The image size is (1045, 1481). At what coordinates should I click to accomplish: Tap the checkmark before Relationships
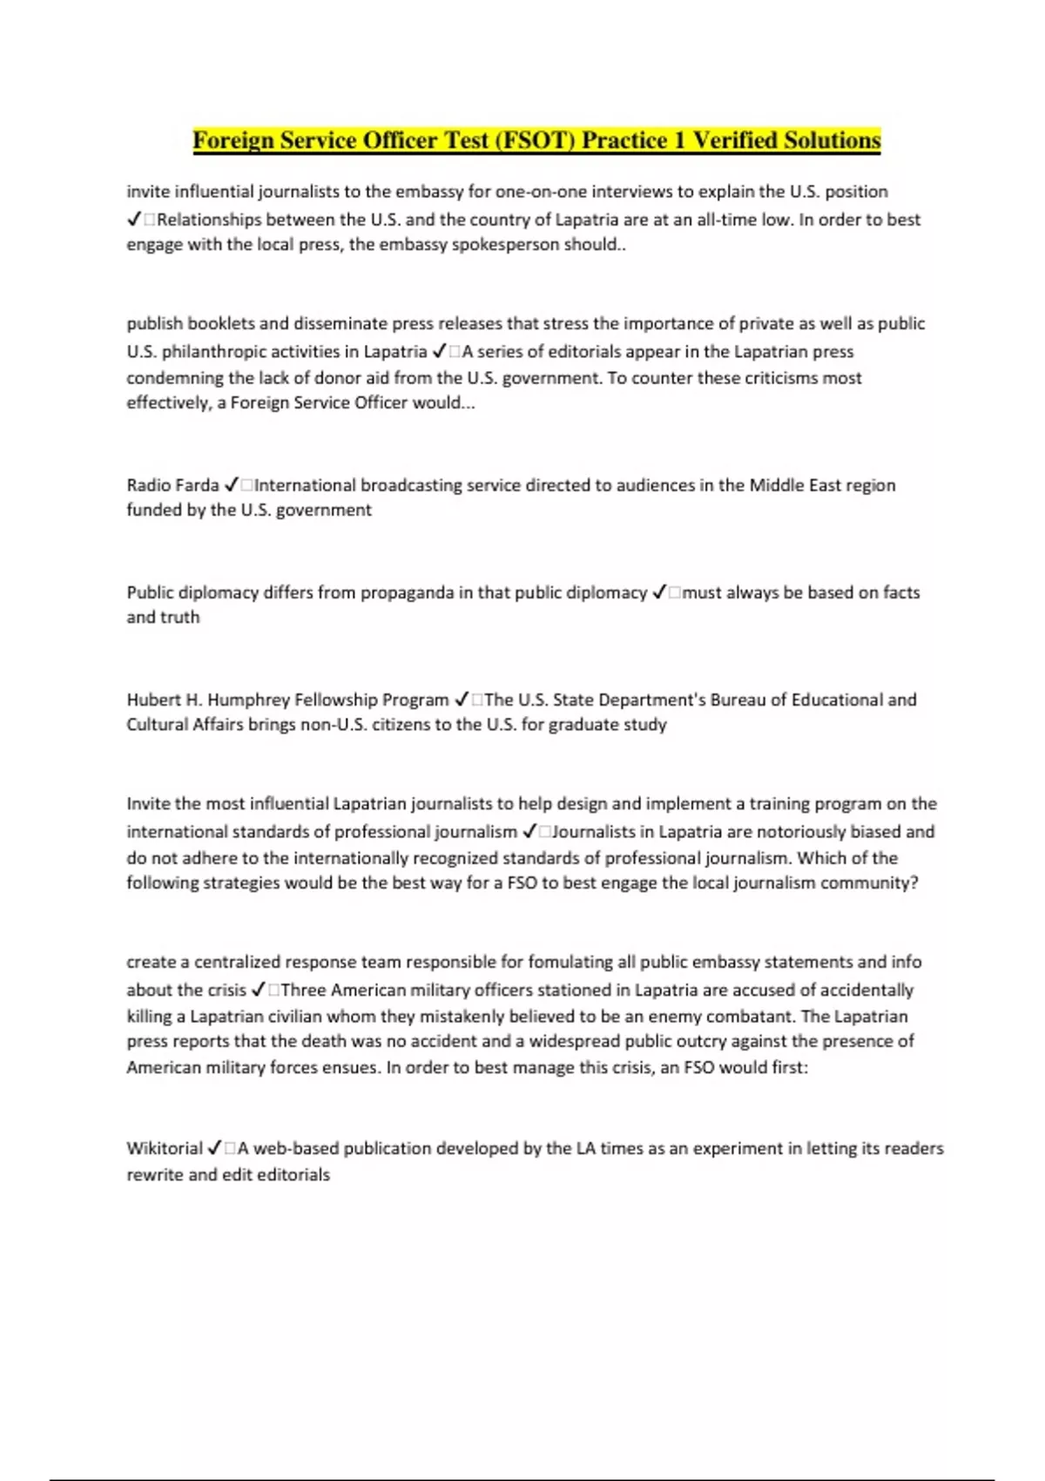134,220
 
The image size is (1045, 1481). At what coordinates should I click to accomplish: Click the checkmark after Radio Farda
232,485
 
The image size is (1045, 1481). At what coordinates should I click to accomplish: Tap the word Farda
196,485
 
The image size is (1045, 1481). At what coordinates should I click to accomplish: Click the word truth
180,617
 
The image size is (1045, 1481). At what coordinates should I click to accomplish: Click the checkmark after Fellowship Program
462,700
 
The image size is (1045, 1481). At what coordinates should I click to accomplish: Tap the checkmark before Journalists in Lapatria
529,832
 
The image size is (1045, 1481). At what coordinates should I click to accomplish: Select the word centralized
234,962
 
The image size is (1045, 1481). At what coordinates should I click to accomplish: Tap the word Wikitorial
165,1148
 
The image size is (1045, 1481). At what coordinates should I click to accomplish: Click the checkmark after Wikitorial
214,1148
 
